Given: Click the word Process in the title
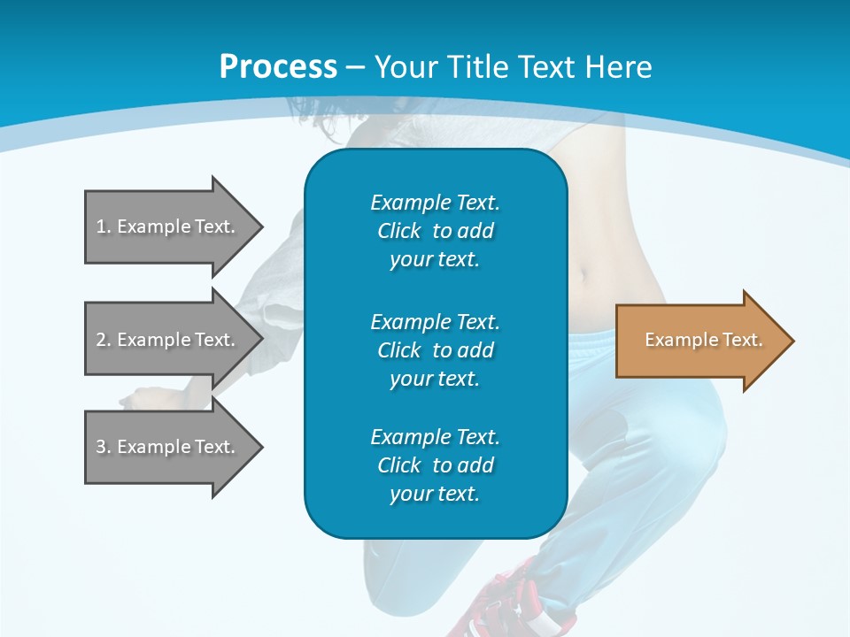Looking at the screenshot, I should click(278, 67).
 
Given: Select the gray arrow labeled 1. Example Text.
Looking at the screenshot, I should click(168, 226).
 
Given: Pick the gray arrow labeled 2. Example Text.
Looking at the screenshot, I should click(168, 340).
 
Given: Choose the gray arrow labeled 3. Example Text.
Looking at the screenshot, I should click(168, 447).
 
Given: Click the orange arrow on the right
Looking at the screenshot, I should click(699, 341).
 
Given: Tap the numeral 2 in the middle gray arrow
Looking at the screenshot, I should click(101, 340).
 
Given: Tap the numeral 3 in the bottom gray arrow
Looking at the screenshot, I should click(101, 447).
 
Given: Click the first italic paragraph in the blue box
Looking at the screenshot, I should click(435, 231).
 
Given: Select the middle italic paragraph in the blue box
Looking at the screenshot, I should click(435, 349).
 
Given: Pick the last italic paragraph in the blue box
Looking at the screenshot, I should click(435, 465).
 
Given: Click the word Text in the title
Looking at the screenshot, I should click(546, 67).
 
